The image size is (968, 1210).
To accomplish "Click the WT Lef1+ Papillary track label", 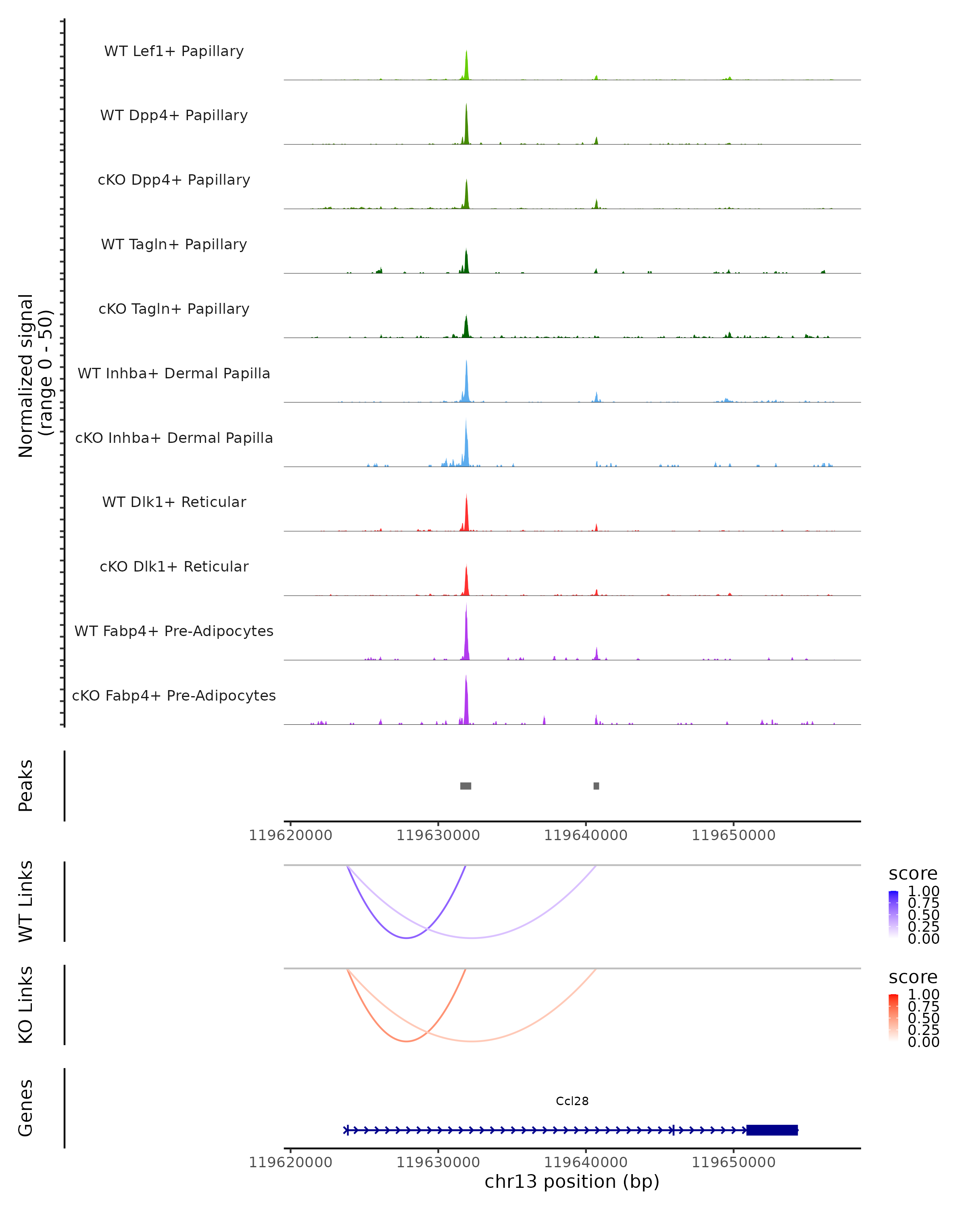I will point(174,51).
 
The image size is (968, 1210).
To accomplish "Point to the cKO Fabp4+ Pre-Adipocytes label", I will point(174,695).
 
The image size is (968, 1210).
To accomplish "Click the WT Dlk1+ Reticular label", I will point(174,502).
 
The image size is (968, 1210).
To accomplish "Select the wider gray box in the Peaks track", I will point(466,786).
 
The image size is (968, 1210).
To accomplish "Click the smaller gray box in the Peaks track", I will point(596,786).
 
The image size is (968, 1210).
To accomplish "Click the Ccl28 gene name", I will point(572,1101).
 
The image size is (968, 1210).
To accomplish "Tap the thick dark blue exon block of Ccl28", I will point(772,1130).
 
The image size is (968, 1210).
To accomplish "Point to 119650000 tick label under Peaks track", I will point(733,835).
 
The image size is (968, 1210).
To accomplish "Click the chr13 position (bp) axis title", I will point(572,1182).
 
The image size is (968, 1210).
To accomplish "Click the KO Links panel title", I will point(26,1005).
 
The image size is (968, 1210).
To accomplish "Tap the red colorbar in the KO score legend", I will point(893,1017).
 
